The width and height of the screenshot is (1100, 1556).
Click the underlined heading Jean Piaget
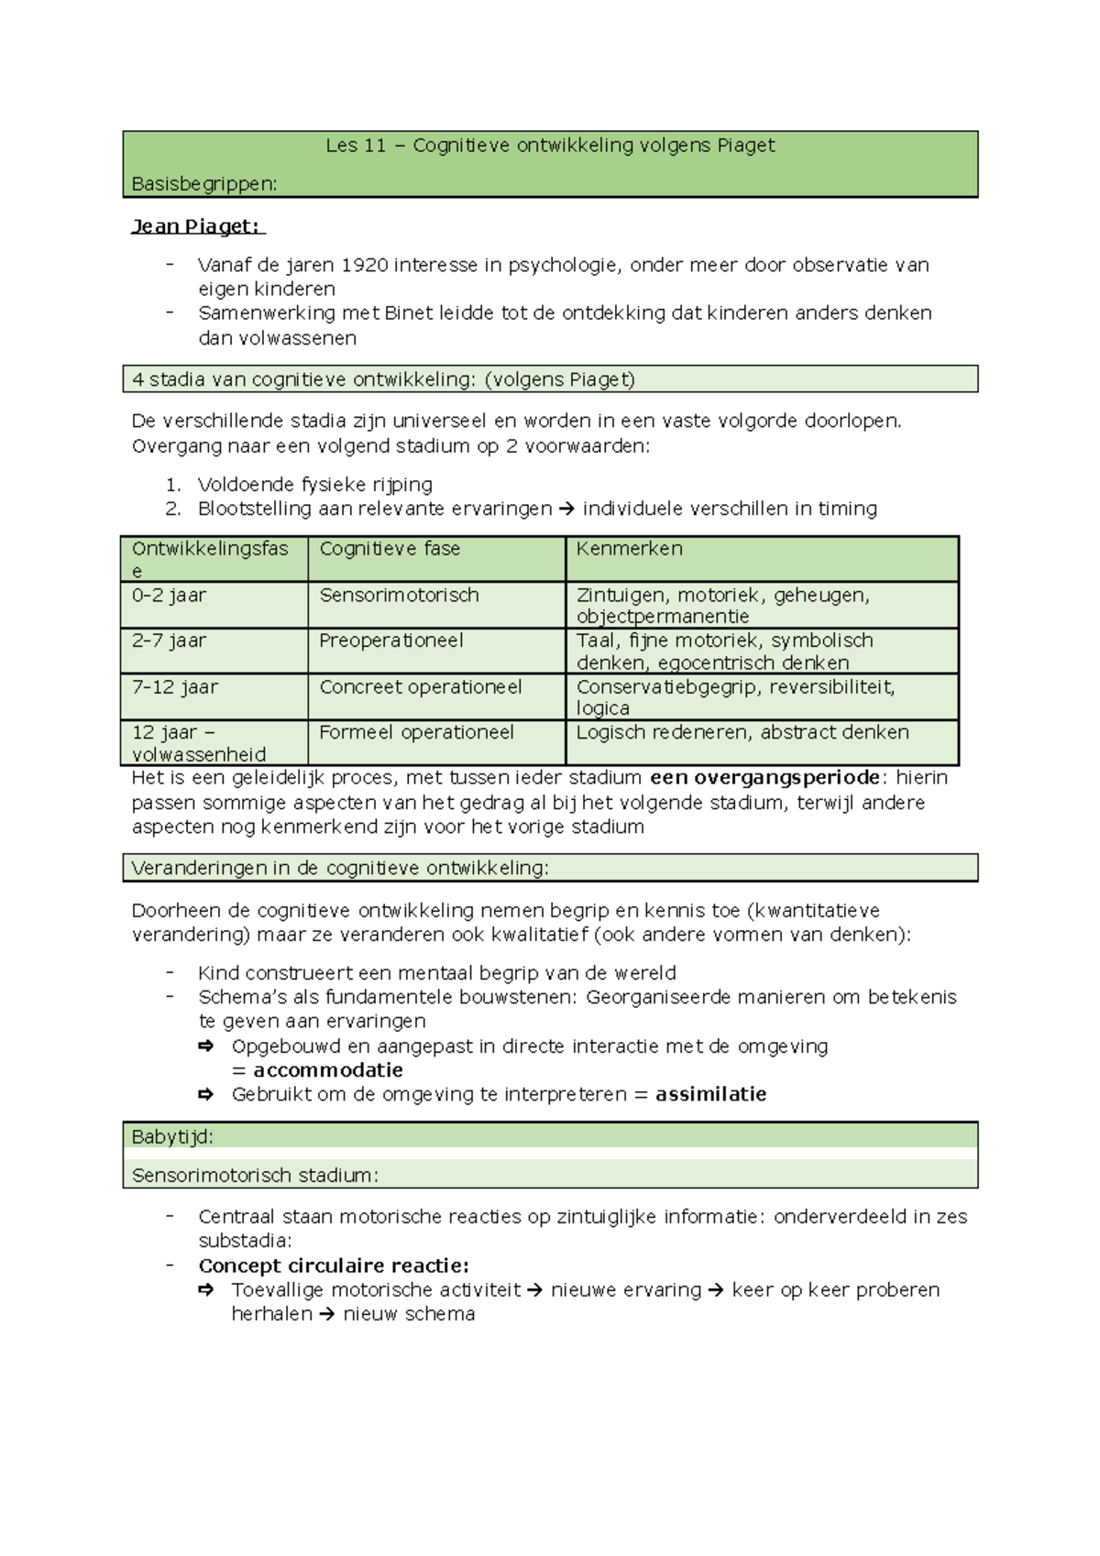pos(196,226)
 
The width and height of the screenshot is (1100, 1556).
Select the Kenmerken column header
pos(629,549)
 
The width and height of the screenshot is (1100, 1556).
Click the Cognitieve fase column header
pos(390,549)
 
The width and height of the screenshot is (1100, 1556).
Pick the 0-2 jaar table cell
pos(169,596)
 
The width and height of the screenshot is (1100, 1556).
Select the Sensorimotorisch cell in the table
pos(399,596)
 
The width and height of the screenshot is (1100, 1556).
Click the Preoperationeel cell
pos(391,641)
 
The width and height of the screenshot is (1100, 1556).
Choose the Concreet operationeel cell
pos(421,687)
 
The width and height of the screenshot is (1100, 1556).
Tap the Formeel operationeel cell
pos(416,733)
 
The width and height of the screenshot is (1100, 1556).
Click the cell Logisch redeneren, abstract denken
pos(742,733)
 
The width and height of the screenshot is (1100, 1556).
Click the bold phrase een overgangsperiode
pos(764,778)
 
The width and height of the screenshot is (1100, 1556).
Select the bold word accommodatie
pos(327,1070)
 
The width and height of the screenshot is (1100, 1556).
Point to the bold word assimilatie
pos(710,1094)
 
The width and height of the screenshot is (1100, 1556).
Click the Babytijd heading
pos(172,1137)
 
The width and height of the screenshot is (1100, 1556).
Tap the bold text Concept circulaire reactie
pos(334,1266)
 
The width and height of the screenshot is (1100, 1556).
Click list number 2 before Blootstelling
pos(173,509)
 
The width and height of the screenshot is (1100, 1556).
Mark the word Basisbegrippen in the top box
pos(203,184)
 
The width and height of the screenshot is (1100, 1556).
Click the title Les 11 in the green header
pos(356,146)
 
